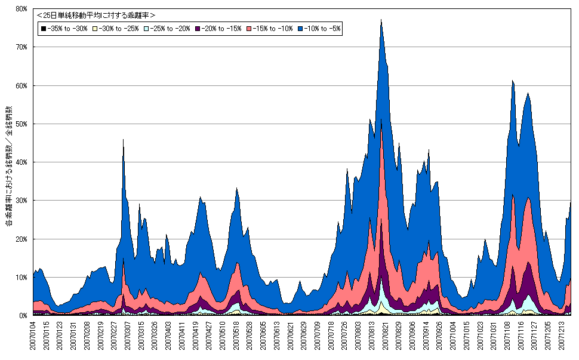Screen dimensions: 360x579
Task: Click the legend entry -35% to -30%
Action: coord(63,29)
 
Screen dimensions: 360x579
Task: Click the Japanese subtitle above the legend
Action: coord(96,15)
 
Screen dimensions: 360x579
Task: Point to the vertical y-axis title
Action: coord(8,167)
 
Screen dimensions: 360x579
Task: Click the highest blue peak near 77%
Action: coord(381,20)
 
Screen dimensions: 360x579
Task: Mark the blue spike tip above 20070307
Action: coord(123,139)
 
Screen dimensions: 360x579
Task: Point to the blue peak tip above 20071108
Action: coord(513,81)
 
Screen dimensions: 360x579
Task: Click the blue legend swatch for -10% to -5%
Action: coord(300,29)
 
